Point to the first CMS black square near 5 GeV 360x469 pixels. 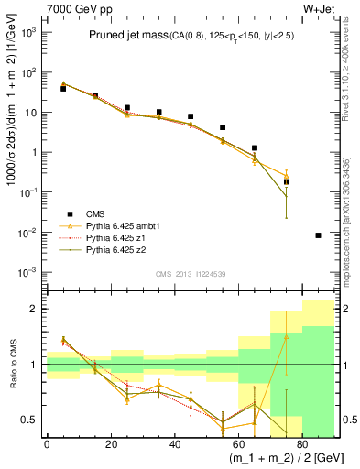(x=63, y=89)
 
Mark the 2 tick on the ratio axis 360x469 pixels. (x=38, y=309)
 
